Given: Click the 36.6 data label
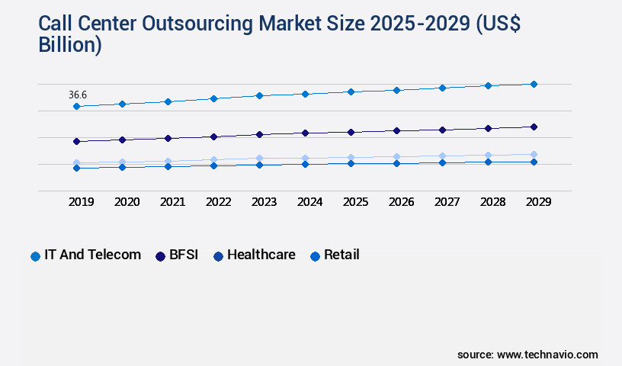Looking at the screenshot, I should [78, 95].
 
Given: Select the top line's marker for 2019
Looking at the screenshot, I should [76, 106].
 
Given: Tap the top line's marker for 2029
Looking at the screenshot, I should [534, 84].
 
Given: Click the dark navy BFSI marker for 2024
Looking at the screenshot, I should [305, 133].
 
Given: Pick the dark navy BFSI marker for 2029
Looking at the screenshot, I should [534, 127].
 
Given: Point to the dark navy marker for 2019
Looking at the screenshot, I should [76, 141].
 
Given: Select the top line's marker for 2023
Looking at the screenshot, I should [259, 95].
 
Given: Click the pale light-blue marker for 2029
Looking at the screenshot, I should [534, 154].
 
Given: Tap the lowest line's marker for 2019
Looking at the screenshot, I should [76, 168].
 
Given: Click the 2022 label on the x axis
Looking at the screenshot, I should [218, 202].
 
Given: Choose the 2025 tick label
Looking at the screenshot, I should [355, 202].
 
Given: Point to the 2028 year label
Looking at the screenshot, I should [492, 202].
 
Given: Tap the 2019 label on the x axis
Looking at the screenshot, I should [81, 202].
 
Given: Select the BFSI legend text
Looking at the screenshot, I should [183, 255].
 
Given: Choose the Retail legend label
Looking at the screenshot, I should [341, 255].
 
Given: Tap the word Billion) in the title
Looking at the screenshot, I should [70, 44].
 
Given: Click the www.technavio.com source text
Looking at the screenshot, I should [547, 355].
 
